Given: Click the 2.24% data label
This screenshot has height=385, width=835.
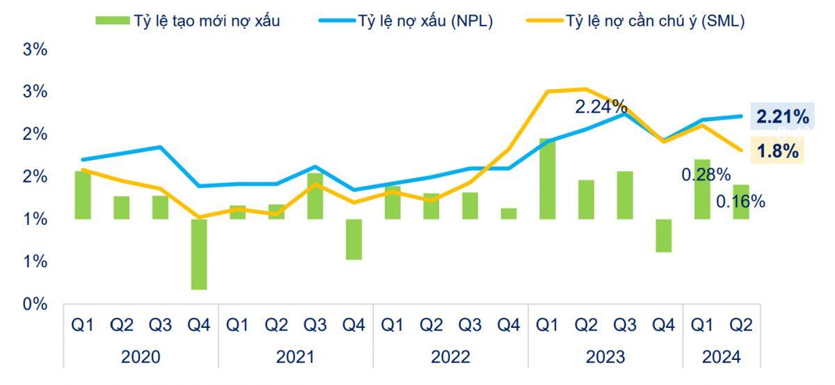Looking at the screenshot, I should pyautogui.click(x=601, y=107).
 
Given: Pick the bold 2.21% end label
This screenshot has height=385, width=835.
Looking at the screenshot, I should pyautogui.click(x=783, y=117).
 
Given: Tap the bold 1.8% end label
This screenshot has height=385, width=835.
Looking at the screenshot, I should pyautogui.click(x=777, y=151).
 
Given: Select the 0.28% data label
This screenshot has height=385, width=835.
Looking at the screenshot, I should pyautogui.click(x=706, y=174).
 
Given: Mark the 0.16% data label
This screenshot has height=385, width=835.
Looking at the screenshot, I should pyautogui.click(x=740, y=202).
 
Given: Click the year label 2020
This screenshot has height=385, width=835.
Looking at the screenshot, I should pyautogui.click(x=141, y=357).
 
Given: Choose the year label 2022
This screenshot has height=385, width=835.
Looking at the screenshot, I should pyautogui.click(x=450, y=357).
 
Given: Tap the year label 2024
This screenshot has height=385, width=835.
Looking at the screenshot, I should pyautogui.click(x=721, y=357).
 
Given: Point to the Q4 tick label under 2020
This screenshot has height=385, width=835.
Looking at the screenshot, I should pyautogui.click(x=198, y=326).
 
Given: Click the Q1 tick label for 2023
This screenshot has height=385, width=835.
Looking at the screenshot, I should pyautogui.click(x=547, y=326).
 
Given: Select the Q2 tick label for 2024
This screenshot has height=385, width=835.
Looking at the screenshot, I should pyautogui.click(x=740, y=326).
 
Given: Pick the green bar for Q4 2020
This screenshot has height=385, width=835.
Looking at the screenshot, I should pyautogui.click(x=199, y=254).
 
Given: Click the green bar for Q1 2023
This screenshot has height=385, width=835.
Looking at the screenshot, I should pyautogui.click(x=548, y=179).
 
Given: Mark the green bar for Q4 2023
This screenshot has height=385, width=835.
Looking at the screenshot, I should pyautogui.click(x=664, y=235).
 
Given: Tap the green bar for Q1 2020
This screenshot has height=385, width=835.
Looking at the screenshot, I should pyautogui.click(x=83, y=195).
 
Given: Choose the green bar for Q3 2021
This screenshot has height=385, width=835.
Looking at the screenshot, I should pyautogui.click(x=315, y=196).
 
